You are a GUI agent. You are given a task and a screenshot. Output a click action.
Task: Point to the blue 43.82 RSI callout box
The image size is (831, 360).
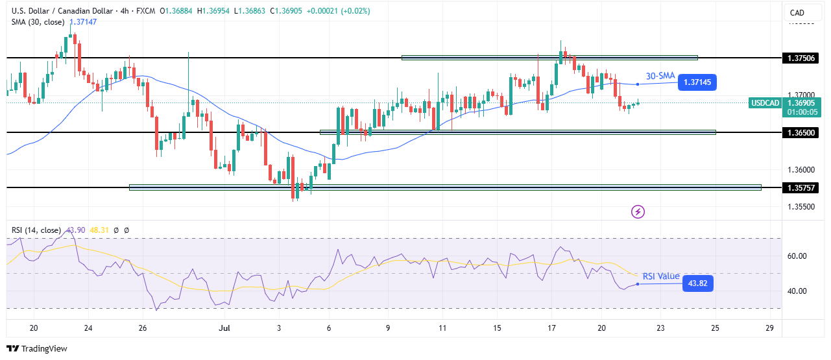[x=698, y=283]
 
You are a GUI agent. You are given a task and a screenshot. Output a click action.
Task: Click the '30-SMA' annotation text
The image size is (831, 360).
[x=660, y=75]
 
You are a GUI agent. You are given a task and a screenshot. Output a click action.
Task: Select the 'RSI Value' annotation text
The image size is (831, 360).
[x=661, y=276]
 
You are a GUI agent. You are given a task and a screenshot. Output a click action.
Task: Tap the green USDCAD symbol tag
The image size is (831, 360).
[x=764, y=102]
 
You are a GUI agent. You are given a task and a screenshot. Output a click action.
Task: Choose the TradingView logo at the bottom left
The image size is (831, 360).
[x=37, y=348]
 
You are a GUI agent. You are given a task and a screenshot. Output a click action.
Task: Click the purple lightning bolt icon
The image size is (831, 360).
[x=638, y=211]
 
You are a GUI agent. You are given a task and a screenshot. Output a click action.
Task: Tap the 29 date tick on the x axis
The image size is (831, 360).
[x=769, y=328]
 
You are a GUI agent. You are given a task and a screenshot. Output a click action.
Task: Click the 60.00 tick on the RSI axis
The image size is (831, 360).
[x=797, y=256]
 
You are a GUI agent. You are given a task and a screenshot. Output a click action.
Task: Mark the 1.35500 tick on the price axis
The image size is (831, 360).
[x=801, y=207]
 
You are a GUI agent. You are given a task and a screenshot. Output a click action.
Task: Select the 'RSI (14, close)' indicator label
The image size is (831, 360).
[x=36, y=230]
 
